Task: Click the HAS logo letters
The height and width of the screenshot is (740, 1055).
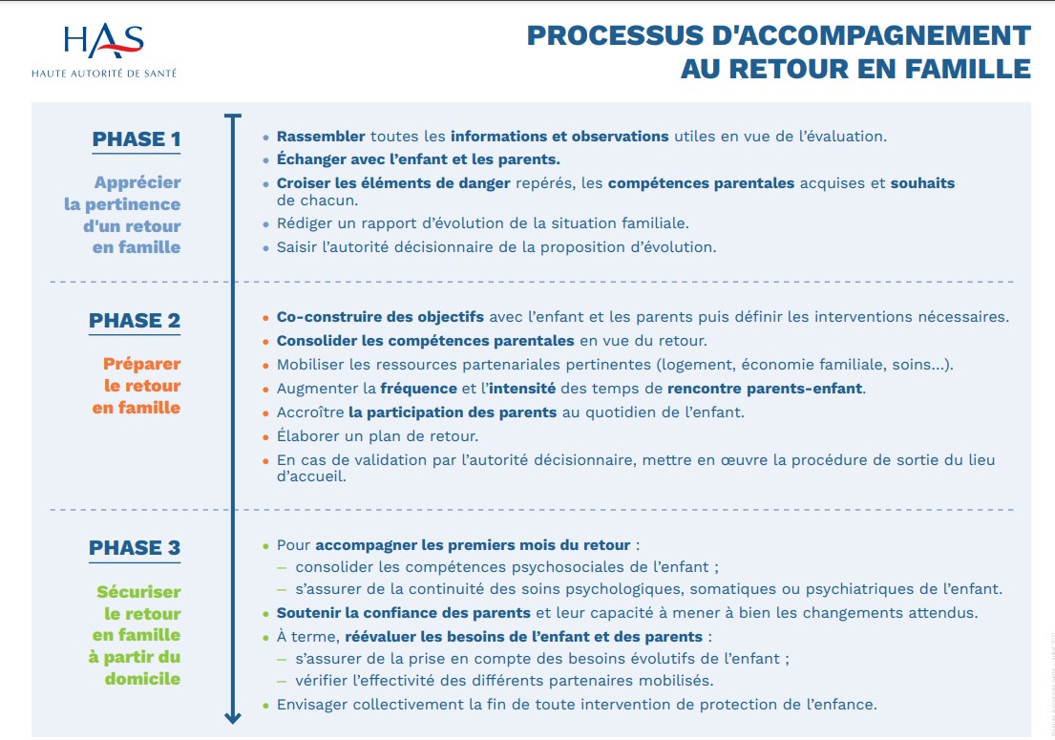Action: (104, 41)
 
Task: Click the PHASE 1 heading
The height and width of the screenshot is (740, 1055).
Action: (137, 139)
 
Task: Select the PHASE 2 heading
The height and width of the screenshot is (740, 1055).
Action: (135, 320)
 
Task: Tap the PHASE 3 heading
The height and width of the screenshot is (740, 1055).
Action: (135, 548)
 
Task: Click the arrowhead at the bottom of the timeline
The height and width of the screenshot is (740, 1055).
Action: (233, 717)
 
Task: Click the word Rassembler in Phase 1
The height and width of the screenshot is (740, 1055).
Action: (321, 137)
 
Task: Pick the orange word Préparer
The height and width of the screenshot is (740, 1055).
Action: (142, 365)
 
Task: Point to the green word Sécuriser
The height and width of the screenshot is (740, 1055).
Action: (138, 592)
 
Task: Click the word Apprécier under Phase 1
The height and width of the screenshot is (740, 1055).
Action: (137, 183)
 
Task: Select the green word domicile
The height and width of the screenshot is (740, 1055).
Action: (142, 679)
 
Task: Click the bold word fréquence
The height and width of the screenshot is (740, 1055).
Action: (418, 389)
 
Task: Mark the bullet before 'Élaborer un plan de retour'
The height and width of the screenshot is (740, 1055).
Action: (265, 437)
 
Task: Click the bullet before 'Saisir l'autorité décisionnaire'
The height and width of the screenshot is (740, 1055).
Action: (265, 248)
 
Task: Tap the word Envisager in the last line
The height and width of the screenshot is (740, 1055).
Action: (312, 705)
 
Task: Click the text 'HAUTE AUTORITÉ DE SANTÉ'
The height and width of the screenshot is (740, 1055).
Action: (104, 74)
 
